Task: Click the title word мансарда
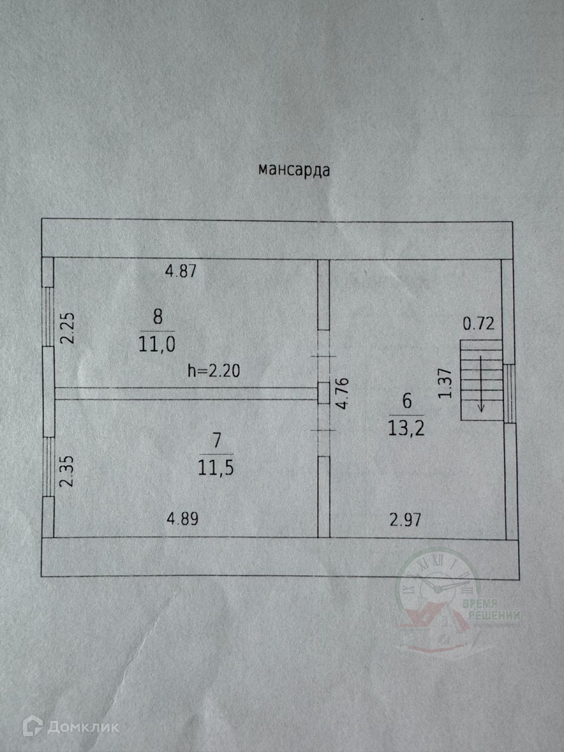point(294,170)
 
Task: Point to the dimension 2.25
point(69,328)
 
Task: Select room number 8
point(157,317)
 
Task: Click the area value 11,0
point(157,344)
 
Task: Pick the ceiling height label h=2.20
point(214,371)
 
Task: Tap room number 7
point(217,439)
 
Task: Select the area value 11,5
point(217,468)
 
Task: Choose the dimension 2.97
point(405,519)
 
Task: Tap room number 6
point(406,401)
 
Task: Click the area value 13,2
point(406,428)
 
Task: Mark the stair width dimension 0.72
point(479,324)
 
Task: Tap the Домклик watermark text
point(83,727)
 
